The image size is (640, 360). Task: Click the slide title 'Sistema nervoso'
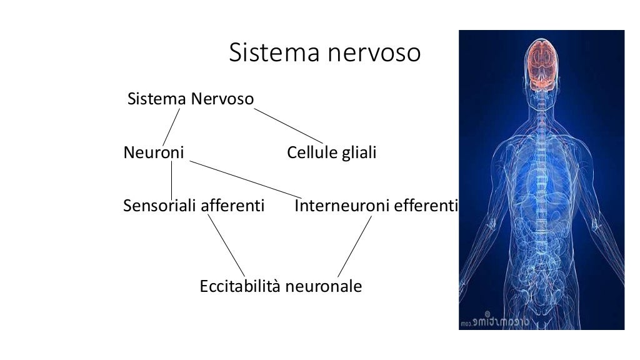click(x=324, y=53)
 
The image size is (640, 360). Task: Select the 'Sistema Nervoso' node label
click(x=190, y=99)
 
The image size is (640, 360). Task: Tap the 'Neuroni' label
click(x=153, y=152)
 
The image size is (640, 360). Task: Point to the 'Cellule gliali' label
click(x=331, y=152)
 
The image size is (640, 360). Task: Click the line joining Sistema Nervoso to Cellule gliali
click(x=289, y=126)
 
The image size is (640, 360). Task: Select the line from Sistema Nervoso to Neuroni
click(x=171, y=126)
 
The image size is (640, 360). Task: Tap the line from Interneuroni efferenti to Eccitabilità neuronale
click(x=355, y=245)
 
